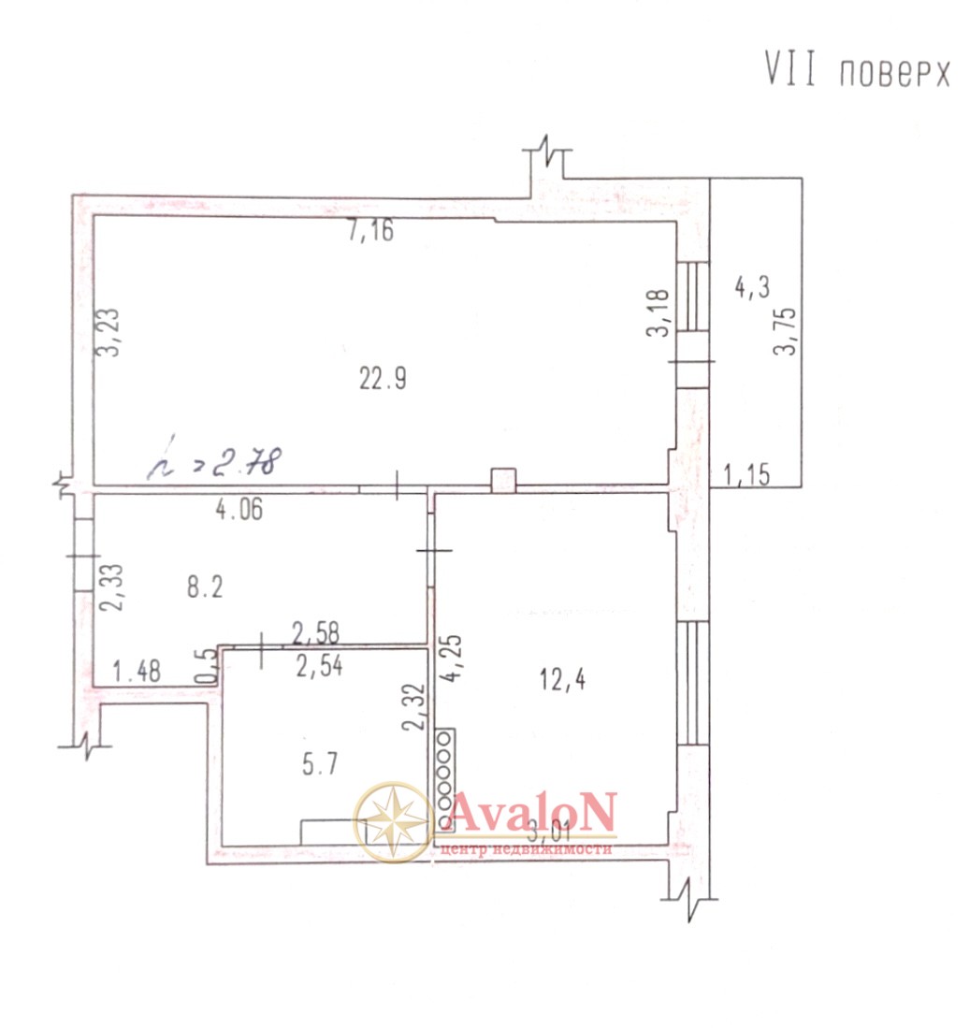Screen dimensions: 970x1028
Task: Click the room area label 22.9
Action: pos(383,379)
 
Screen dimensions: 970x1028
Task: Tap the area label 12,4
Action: pos(562,679)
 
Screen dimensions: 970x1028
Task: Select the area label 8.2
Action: pos(205,586)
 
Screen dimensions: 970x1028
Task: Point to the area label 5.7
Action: pos(320,764)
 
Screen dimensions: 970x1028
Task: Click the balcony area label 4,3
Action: pos(752,287)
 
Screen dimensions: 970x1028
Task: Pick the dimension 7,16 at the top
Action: pos(371,231)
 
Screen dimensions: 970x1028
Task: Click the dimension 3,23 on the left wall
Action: pos(109,332)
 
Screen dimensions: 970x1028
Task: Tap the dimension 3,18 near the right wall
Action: pos(658,312)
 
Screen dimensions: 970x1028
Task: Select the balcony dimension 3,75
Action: pos(785,331)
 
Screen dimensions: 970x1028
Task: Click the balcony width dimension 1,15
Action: pos(746,474)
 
